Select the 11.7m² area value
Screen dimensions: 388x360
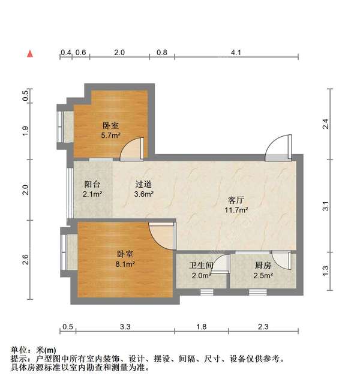236,210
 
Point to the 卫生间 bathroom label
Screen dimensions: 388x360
202,266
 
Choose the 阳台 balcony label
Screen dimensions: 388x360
92,185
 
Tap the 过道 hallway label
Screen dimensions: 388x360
143,185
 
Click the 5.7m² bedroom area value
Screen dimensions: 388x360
110,136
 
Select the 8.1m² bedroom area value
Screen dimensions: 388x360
124,263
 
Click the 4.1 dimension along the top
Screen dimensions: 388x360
236,53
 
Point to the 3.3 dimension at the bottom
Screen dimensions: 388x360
125,327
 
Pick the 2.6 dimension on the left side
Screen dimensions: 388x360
25,260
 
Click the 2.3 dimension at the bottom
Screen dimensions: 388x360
263,327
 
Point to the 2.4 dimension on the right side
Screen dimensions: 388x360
326,125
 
